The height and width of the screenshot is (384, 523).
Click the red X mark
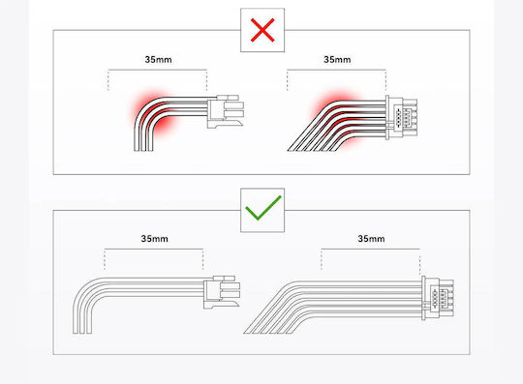[x=262, y=30]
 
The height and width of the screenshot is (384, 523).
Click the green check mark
[x=263, y=208]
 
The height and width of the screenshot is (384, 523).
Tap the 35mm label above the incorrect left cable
[x=159, y=60]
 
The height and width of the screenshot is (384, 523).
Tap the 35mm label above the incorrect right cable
[x=337, y=60]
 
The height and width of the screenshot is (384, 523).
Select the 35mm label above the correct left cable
[x=154, y=239]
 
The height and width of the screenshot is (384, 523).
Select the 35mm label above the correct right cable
[x=371, y=239]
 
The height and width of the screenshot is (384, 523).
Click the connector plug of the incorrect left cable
[x=226, y=111]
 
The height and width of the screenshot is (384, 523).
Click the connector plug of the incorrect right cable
[x=401, y=117]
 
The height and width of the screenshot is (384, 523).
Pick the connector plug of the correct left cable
[x=222, y=292]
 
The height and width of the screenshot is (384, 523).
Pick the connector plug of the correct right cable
[x=438, y=298]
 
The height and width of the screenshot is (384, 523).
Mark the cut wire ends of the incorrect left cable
[x=143, y=150]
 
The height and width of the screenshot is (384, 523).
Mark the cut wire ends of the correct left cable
[x=82, y=332]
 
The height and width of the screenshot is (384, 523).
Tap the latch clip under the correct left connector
[x=222, y=304]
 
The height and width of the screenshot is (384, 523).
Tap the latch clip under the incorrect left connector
[x=225, y=124]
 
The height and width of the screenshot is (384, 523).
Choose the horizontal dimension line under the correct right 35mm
[x=370, y=249]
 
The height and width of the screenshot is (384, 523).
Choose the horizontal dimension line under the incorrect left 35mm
[x=158, y=70]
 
